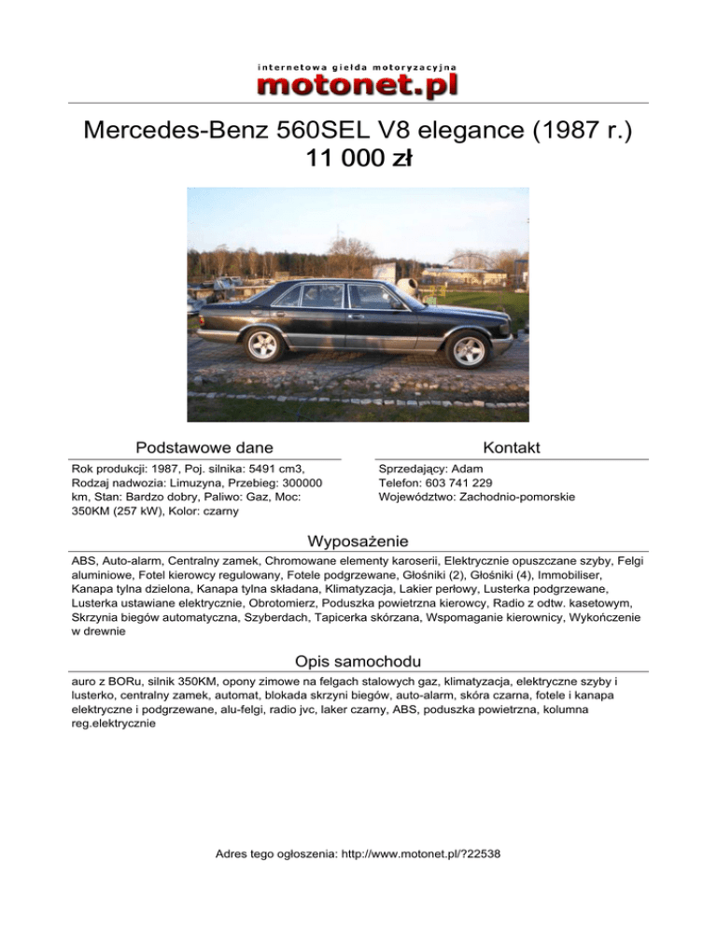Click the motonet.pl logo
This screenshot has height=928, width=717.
pyautogui.click(x=358, y=85)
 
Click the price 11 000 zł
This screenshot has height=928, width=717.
pyautogui.click(x=358, y=160)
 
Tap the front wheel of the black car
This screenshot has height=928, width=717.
pyautogui.click(x=468, y=350)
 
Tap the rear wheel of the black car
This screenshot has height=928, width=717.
pyautogui.click(x=260, y=345)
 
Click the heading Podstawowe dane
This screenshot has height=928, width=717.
pyautogui.click(x=204, y=448)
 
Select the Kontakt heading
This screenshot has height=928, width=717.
pyautogui.click(x=513, y=448)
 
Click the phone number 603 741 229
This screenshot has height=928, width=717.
pyautogui.click(x=453, y=483)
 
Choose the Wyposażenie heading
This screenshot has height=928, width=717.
pyautogui.click(x=358, y=541)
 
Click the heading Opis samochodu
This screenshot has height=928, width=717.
pyautogui.click(x=358, y=661)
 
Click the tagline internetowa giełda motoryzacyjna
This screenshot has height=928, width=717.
pyautogui.click(x=358, y=67)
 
